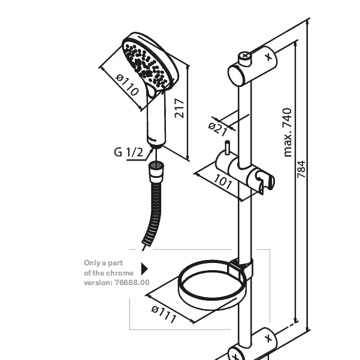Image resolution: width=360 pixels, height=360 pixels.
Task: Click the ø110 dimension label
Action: (x=128, y=84)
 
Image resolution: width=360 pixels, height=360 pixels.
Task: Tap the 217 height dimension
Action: (x=179, y=108)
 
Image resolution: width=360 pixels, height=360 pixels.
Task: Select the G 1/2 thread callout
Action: (x=128, y=152)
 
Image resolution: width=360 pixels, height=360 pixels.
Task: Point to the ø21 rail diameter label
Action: (x=217, y=129)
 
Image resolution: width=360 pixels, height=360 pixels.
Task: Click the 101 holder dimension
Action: (x=223, y=182)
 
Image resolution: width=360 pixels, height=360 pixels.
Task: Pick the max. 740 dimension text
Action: (x=288, y=132)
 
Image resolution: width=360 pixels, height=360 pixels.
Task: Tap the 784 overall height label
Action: (x=301, y=170)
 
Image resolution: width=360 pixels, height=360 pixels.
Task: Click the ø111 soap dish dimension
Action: (x=164, y=314)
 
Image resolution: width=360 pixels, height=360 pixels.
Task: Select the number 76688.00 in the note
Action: (x=132, y=282)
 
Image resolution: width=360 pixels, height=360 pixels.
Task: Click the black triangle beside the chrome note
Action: (x=144, y=269)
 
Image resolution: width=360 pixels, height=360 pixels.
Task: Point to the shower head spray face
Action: (x=146, y=65)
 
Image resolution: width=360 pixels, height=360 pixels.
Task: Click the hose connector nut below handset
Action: (x=156, y=170)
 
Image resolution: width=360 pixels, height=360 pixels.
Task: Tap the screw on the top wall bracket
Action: (x=245, y=59)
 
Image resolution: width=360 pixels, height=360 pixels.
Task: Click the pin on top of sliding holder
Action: (x=227, y=147)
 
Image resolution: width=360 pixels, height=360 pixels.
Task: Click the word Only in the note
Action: (x=90, y=263)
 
